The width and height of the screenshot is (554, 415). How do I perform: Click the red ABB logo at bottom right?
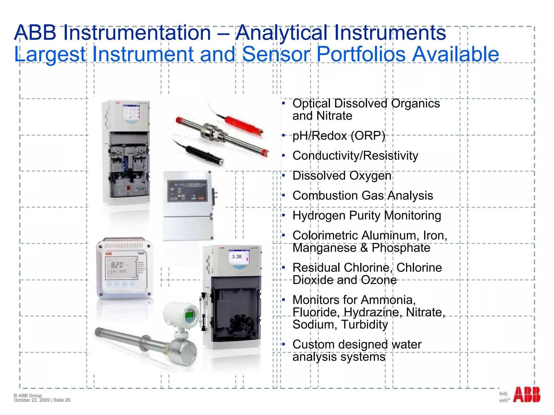tap(526, 395)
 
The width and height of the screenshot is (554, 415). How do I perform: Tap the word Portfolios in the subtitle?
tap(361, 54)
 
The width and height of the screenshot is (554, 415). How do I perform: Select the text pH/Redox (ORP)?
tap(339, 136)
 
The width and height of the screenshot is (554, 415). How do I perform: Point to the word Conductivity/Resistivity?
tap(355, 156)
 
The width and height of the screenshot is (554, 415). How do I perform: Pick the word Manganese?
tap(324, 248)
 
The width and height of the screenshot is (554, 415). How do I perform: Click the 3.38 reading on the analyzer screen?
tap(237, 257)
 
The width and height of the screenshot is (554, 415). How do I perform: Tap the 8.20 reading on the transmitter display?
tap(117, 265)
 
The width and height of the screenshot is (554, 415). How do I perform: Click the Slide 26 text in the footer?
tap(62, 400)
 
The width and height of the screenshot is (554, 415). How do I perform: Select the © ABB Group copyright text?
tap(28, 395)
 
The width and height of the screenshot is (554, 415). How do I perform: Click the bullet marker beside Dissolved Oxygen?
tap(283, 176)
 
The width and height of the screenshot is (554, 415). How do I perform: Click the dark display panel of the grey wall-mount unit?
tap(187, 191)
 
